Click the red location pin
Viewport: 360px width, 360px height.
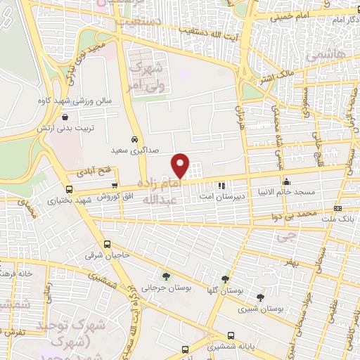(x=181, y=165)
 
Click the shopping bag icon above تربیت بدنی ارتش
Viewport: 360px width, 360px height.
(x=65, y=117)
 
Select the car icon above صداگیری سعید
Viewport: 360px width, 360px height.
(x=134, y=139)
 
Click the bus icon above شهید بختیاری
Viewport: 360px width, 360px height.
(x=69, y=189)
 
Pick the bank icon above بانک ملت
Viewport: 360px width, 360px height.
(x=337, y=209)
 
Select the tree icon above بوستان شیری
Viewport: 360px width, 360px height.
(x=261, y=297)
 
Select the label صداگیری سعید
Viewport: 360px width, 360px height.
(x=132, y=150)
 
